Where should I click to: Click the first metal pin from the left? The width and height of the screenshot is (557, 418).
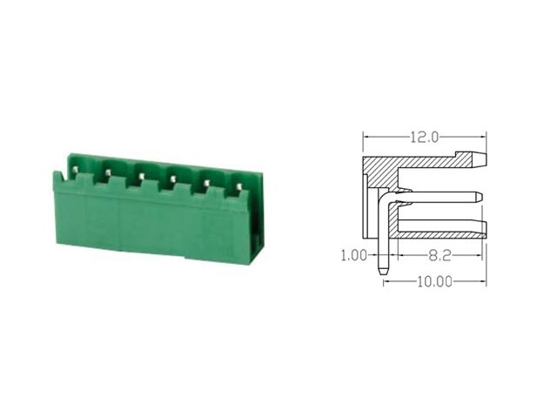point(75,170)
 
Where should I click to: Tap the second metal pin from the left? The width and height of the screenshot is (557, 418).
point(107,172)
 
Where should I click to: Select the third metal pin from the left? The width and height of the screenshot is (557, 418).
point(141,176)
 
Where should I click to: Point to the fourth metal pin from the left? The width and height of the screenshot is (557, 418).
point(173,179)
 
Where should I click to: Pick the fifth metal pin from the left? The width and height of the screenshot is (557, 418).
point(206,183)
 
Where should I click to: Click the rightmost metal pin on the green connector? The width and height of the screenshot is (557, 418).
point(238,185)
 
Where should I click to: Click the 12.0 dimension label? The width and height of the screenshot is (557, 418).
point(425,138)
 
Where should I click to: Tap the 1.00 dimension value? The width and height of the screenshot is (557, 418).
point(354,255)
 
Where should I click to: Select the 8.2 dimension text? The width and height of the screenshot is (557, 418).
point(440,255)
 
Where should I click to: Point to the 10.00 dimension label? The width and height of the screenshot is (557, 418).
point(434,282)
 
